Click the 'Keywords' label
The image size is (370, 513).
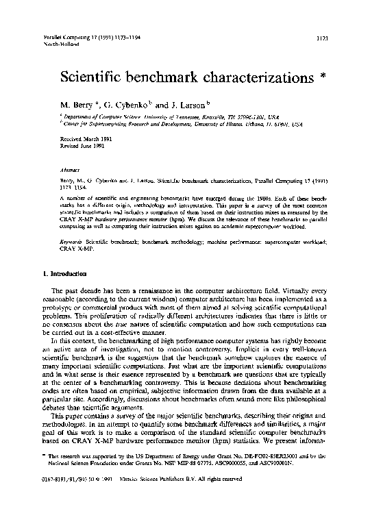point(64,223)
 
